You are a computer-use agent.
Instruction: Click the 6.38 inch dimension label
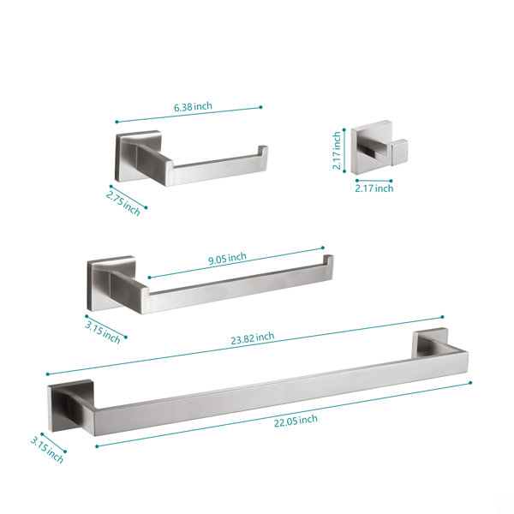click(193, 106)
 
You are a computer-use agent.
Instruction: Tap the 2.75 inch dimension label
click(123, 203)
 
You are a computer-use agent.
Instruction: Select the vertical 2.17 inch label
click(337, 151)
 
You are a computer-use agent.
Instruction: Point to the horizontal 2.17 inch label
click(374, 188)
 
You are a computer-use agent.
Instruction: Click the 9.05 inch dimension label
click(227, 259)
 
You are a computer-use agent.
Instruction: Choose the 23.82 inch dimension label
click(253, 338)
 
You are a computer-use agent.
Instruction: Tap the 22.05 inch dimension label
click(296, 421)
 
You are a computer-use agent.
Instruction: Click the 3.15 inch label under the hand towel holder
click(103, 332)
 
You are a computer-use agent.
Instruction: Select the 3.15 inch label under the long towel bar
click(47, 450)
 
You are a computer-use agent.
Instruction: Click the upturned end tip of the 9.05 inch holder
click(328, 258)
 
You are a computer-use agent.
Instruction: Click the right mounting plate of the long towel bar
click(430, 343)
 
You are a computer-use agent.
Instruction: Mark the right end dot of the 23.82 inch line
click(442, 317)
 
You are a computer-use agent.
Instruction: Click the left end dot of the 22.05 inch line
click(97, 446)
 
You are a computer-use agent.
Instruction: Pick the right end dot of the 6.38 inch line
click(260, 107)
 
